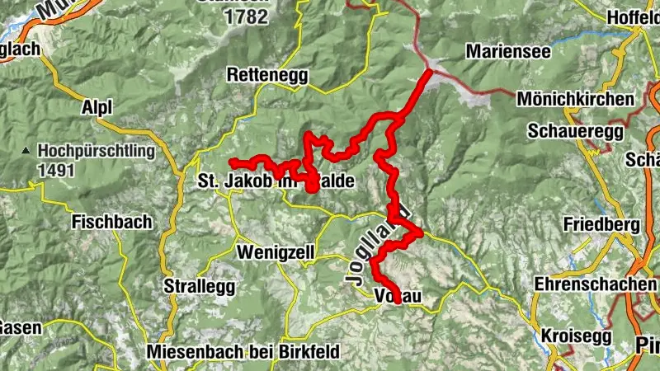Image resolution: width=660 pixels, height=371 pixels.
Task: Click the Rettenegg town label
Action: coord(267,75)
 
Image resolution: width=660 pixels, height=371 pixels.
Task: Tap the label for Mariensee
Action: coord(508,51)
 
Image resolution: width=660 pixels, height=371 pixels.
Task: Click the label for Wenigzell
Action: coord(276,251)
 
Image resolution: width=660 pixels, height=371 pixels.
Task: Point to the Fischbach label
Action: coord(111,222)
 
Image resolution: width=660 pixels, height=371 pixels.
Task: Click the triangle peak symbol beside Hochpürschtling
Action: coord(27,152)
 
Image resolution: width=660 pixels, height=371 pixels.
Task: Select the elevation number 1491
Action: coord(55,171)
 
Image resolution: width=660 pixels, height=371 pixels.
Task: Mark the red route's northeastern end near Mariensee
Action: coord(429,73)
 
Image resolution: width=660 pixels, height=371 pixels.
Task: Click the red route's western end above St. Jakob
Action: coord(233,161)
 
